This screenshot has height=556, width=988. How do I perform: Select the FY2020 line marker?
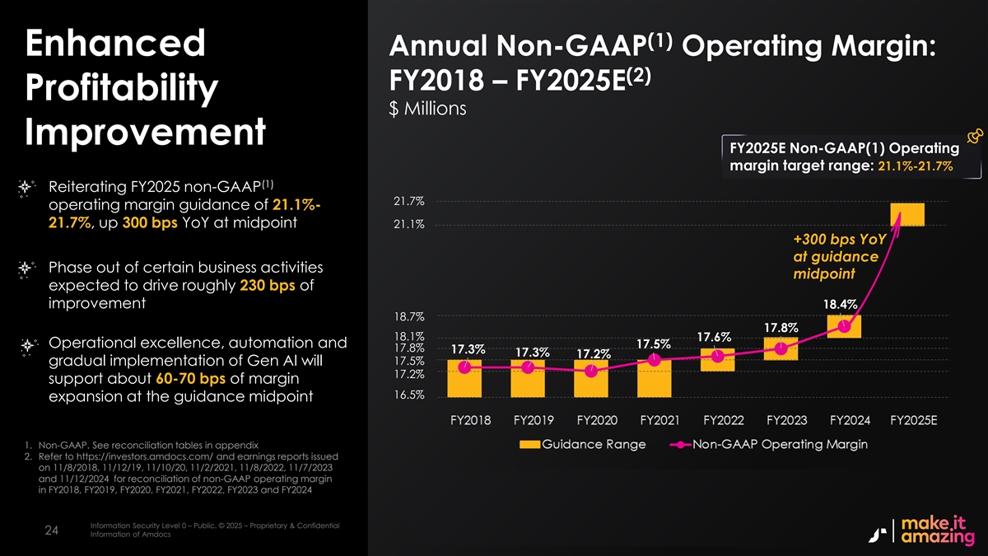(x=591, y=371)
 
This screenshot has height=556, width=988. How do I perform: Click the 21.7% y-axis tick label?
(x=409, y=201)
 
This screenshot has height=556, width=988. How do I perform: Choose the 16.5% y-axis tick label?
(x=409, y=395)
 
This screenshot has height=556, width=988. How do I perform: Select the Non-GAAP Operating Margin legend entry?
(x=771, y=445)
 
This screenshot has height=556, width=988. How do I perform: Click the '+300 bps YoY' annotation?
(x=838, y=240)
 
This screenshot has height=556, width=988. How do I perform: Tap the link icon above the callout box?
(x=972, y=138)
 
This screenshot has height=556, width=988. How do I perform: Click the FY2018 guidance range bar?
(x=465, y=377)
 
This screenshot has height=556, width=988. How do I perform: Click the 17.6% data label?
(x=714, y=337)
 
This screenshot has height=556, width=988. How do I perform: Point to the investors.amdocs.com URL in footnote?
(x=137, y=456)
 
